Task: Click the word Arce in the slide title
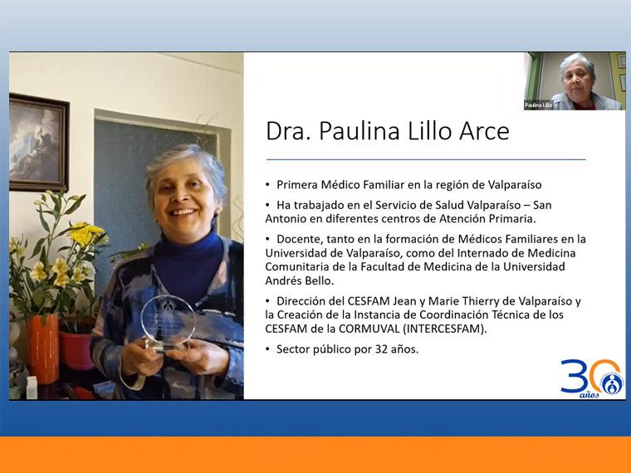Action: pos(484,131)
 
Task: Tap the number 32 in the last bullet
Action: pos(381,349)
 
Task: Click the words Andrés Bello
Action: pos(300,280)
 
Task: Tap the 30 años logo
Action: pos(592,378)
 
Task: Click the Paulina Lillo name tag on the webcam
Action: pos(539,105)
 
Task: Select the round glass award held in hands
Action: pos(168,323)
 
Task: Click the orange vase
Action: pos(43,349)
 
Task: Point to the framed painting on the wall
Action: pos(39,142)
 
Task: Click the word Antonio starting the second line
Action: pos(284,219)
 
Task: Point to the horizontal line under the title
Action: pos(426,159)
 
